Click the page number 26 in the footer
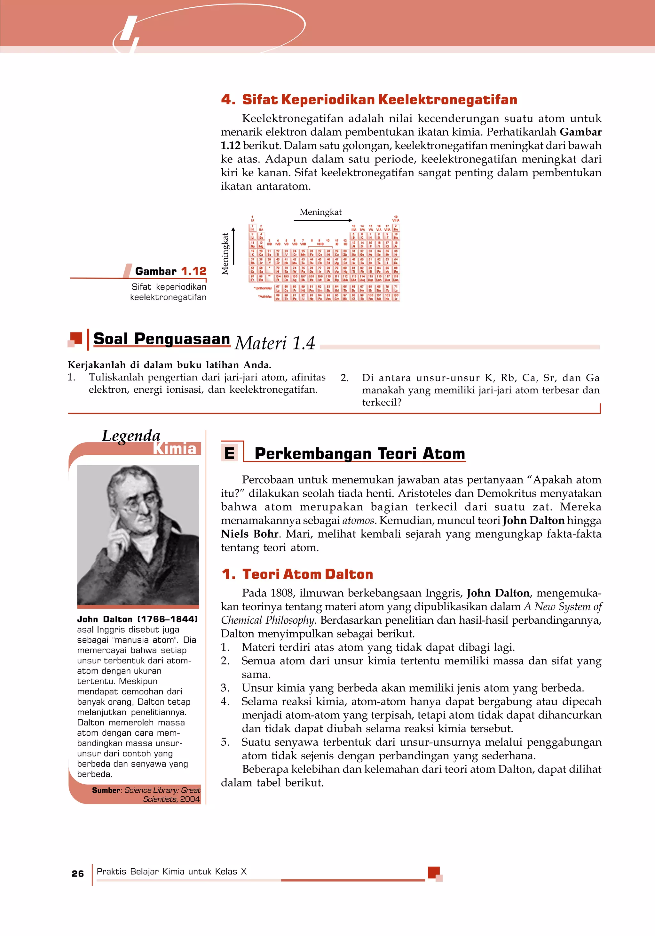click(77, 873)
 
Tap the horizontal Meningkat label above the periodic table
click(320, 212)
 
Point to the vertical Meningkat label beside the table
click(225, 253)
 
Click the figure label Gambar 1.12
click(171, 271)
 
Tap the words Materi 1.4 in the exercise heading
click(275, 343)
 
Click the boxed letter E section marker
click(230, 453)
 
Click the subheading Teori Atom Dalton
click(307, 574)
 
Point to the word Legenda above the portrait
click(131, 436)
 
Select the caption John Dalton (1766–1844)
click(137, 619)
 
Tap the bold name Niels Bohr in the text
click(249, 534)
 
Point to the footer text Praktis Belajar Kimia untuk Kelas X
click(171, 872)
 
